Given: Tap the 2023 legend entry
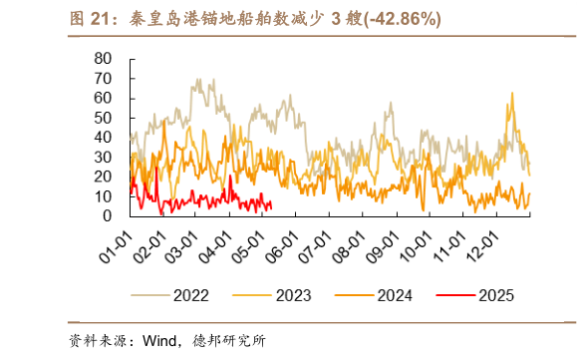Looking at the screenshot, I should pos(289,294).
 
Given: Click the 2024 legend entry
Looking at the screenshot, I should pos(391,294).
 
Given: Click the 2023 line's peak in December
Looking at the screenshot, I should pos(512,94).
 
